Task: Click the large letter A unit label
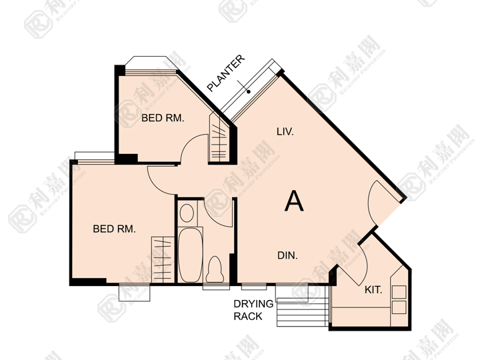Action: [x=294, y=201]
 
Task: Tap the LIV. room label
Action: [x=285, y=131]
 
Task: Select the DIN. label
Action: [x=287, y=255]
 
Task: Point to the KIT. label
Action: [x=373, y=289]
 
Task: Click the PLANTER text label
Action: [x=226, y=73]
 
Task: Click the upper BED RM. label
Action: [x=163, y=118]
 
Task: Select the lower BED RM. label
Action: [x=114, y=229]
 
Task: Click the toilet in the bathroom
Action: [x=215, y=269]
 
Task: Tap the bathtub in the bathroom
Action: [x=190, y=255]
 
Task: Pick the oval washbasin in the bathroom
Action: [x=187, y=213]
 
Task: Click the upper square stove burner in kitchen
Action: [x=399, y=292]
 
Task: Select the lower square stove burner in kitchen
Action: [x=399, y=307]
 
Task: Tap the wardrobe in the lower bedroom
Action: [x=163, y=259]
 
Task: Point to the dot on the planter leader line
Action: [x=249, y=91]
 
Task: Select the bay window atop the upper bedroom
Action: [x=151, y=63]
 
